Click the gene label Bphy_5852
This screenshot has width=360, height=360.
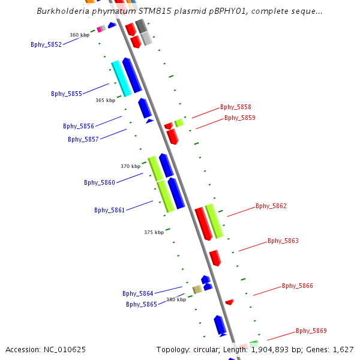point(46,44)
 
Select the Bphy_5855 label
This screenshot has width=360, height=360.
point(67,94)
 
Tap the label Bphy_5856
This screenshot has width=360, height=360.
point(79,126)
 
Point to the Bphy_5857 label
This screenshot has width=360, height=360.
point(83,139)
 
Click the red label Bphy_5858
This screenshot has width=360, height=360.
point(236,107)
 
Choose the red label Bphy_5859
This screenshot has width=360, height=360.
point(240,118)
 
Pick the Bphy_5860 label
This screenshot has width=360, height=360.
point(100,182)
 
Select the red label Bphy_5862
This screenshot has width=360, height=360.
point(271,206)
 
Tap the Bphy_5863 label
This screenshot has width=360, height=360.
point(283,241)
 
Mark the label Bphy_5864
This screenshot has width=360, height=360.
point(138,293)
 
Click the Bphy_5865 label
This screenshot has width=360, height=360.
point(142,304)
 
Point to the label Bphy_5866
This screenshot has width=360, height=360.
point(298,286)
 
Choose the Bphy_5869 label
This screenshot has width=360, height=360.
point(311,331)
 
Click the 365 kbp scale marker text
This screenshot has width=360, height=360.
point(106,100)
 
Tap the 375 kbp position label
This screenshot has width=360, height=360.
point(154,232)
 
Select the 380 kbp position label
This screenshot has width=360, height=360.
point(176,299)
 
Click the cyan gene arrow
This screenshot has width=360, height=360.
point(121,78)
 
